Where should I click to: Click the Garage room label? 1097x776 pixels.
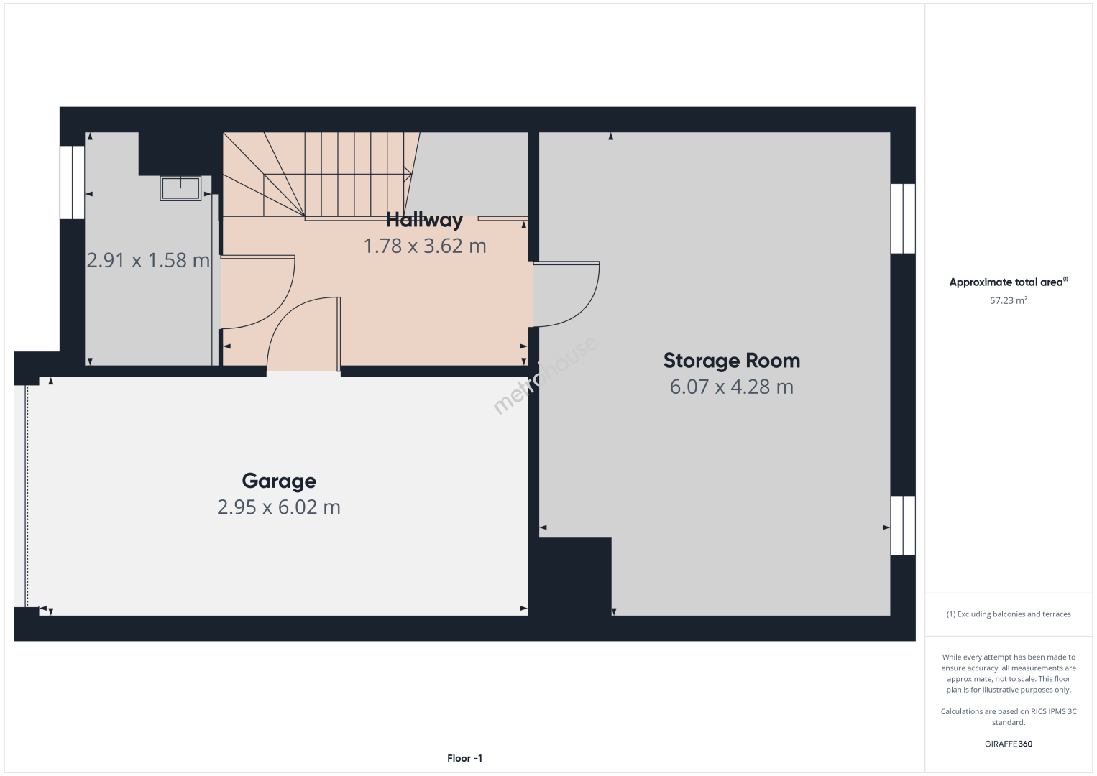[x=279, y=481]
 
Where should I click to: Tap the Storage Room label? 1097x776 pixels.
[x=732, y=361]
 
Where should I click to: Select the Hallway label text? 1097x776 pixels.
[x=425, y=221]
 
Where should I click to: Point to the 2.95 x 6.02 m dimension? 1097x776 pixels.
[x=279, y=507]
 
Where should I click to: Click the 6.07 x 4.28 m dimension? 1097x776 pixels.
[x=732, y=387]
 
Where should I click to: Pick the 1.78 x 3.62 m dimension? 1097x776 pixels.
[x=425, y=246]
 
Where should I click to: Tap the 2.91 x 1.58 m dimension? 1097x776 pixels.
[x=148, y=260]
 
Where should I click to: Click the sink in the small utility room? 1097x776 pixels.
[x=180, y=188]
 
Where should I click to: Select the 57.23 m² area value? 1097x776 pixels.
[x=1009, y=300]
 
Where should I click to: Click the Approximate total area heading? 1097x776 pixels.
[x=1009, y=282]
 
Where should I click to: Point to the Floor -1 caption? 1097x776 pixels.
[x=465, y=758]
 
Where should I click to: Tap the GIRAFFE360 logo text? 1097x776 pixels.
[x=1009, y=744]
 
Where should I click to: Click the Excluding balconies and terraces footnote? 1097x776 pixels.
[x=1009, y=614]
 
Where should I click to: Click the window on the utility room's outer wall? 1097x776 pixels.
[x=73, y=182]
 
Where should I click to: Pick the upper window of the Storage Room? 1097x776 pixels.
[x=903, y=218]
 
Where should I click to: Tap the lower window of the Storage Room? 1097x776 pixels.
[x=903, y=526]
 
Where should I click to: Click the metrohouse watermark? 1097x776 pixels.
[x=545, y=375]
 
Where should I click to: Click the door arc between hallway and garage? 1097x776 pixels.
[x=284, y=318]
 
